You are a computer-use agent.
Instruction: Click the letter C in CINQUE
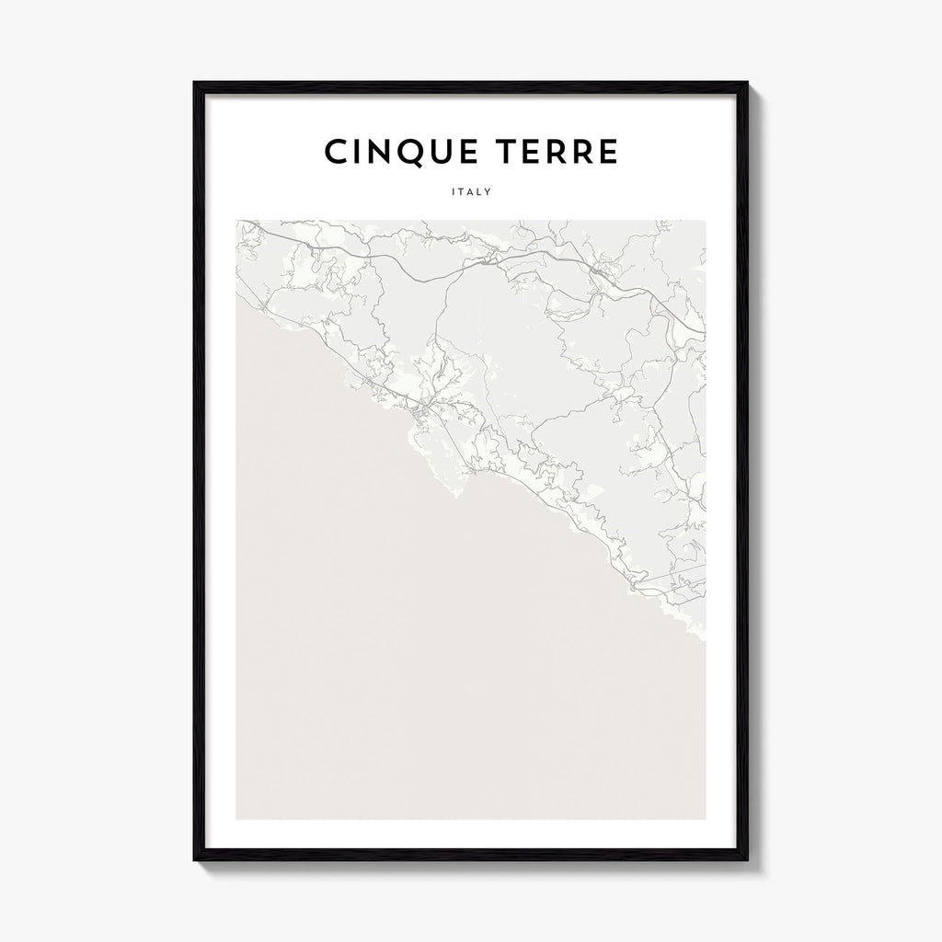pyautogui.click(x=335, y=153)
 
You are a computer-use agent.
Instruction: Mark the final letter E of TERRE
pyautogui.click(x=608, y=153)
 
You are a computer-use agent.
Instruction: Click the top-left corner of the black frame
pyautogui.click(x=194, y=83)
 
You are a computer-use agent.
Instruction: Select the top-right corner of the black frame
pyautogui.click(x=749, y=83)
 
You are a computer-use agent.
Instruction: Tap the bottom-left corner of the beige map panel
pyautogui.click(x=236, y=818)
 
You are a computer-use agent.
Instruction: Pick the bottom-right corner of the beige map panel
pyautogui.click(x=706, y=818)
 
